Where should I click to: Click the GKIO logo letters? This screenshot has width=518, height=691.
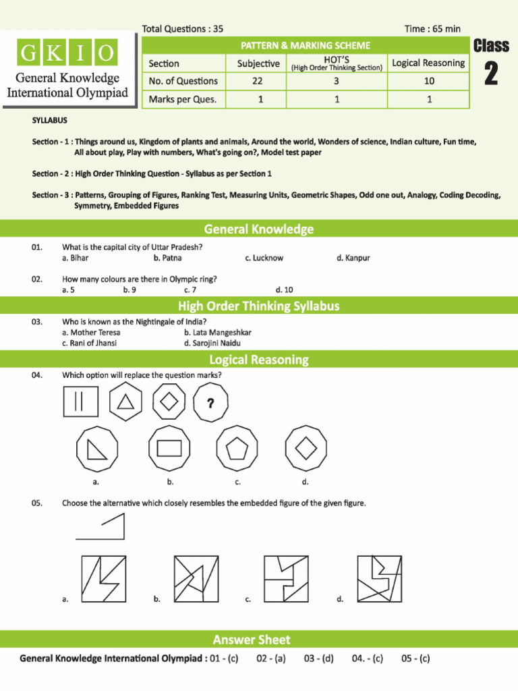pos(67,53)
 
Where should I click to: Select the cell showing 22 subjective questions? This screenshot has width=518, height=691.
pos(258,81)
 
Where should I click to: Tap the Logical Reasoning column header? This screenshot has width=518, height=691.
pos(428,63)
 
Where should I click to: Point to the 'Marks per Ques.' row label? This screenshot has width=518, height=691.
pos(183,99)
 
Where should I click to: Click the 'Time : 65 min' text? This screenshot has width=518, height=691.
pos(432,28)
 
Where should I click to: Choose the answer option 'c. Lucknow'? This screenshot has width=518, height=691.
pos(264,258)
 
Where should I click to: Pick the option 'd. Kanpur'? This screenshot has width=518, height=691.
pos(353,258)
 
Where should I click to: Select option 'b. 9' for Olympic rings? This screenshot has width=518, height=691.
pos(129,289)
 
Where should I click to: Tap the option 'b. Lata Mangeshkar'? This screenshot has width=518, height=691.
pos(217,333)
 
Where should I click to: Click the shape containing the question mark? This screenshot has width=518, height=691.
pos(210,403)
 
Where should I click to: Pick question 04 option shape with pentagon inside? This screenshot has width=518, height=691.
pos(237,448)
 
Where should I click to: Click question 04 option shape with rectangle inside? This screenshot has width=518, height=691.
pos(169,448)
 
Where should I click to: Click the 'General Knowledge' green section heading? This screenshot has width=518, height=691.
pos(259,229)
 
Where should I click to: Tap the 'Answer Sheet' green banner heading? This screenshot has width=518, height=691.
pos(252,639)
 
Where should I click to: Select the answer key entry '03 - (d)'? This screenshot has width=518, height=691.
pos(318,659)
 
